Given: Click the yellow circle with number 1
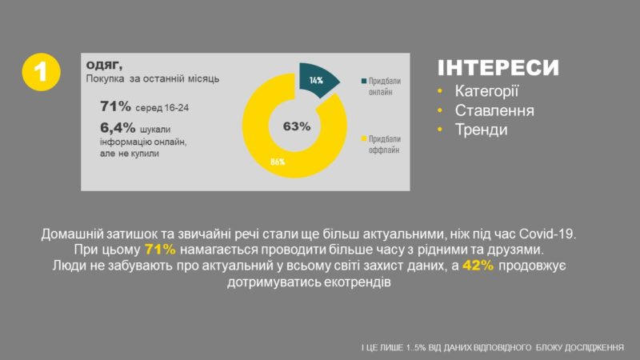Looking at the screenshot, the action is [41, 72].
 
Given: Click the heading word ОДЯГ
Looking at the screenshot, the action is [104, 65].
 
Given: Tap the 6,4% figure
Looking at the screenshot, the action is [118, 128].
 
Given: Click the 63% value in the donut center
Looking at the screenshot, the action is [297, 126].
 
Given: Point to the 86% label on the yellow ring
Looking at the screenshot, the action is [278, 162].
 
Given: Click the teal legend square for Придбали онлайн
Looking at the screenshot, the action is [364, 81].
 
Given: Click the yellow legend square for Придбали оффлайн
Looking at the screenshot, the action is [364, 138].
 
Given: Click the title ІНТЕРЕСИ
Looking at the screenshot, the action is [498, 68].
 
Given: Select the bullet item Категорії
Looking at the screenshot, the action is [486, 91].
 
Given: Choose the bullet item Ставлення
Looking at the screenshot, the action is [494, 110].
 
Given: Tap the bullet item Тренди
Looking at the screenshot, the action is [482, 130].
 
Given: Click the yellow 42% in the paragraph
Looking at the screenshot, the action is [478, 266].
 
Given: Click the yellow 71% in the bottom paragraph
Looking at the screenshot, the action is [160, 250].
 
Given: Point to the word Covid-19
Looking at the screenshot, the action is [547, 234].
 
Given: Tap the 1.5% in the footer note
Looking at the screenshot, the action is [416, 348].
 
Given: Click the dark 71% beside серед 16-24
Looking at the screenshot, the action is [115, 106].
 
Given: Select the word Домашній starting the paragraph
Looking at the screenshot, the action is [72, 234].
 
